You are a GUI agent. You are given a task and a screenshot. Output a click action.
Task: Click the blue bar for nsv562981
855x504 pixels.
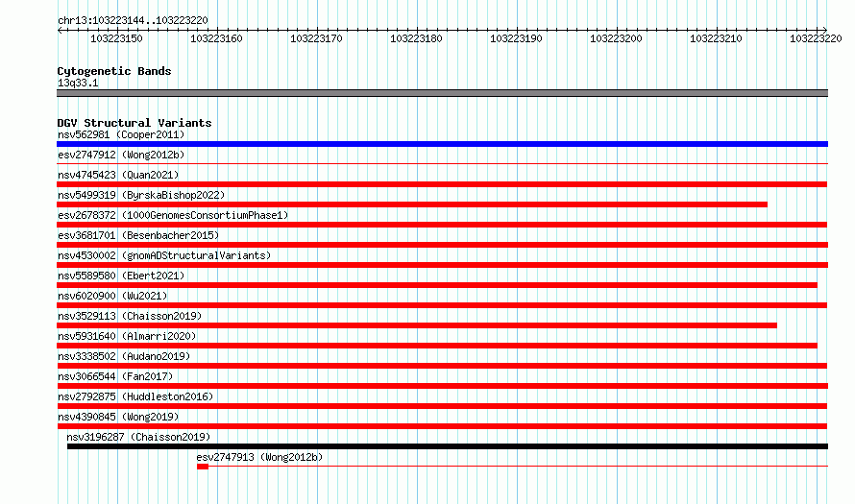point(442,144)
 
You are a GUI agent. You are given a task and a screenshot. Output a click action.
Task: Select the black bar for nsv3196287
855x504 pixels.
point(448,446)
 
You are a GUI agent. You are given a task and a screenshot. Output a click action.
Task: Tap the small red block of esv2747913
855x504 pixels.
point(203,467)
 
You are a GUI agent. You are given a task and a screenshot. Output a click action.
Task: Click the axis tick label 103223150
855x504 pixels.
point(116,38)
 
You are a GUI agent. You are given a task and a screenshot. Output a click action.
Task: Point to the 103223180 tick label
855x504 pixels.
point(416,38)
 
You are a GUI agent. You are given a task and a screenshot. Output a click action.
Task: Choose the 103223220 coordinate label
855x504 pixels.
point(816,38)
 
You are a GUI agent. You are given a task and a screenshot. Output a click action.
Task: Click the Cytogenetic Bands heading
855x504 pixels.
point(114,71)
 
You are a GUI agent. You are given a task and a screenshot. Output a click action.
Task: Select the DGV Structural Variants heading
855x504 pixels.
point(134,123)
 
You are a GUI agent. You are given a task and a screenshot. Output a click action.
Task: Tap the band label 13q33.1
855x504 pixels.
point(78,83)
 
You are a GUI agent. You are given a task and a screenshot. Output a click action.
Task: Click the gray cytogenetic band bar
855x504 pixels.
point(442,93)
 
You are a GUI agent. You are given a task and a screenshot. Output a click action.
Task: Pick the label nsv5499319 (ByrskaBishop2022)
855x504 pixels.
point(141,195)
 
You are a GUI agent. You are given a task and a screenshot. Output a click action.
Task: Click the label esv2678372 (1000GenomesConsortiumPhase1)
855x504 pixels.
point(173,215)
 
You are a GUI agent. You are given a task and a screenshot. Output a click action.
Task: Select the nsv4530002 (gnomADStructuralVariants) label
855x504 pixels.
point(164,255)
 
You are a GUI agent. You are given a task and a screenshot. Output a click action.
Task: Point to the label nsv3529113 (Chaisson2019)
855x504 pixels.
point(130,316)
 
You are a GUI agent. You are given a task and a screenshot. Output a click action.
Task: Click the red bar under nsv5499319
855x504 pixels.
point(412,204)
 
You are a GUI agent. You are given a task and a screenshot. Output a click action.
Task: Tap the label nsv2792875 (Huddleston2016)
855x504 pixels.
point(135,396)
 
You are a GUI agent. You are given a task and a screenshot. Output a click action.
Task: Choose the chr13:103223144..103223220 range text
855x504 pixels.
point(133,21)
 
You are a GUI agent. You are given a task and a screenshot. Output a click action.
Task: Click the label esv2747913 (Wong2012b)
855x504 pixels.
point(259,457)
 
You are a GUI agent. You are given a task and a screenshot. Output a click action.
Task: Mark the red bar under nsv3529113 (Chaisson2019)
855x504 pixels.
point(417,325)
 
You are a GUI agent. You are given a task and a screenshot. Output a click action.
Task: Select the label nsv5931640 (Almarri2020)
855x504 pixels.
point(127,336)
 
